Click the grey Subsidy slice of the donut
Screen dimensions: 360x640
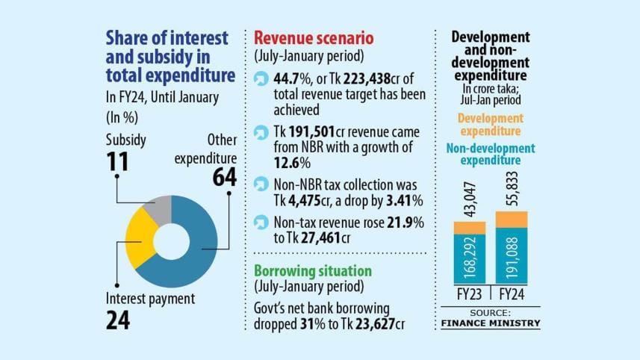[x=159, y=210]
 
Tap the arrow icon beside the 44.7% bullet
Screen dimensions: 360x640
[x=261, y=78]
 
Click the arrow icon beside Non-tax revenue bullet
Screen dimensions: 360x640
[x=261, y=222]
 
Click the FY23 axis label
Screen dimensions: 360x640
[x=469, y=294]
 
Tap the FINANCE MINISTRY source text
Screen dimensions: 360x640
[x=490, y=323]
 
